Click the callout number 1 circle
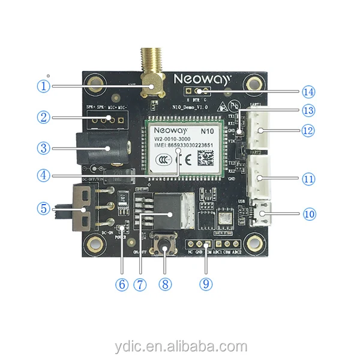click(x=43, y=86)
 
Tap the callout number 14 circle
click(x=308, y=92)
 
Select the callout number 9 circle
click(x=206, y=284)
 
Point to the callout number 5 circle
click(x=43, y=209)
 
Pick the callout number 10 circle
click(x=308, y=213)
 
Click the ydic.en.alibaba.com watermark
click(x=181, y=346)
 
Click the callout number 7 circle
click(x=140, y=284)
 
